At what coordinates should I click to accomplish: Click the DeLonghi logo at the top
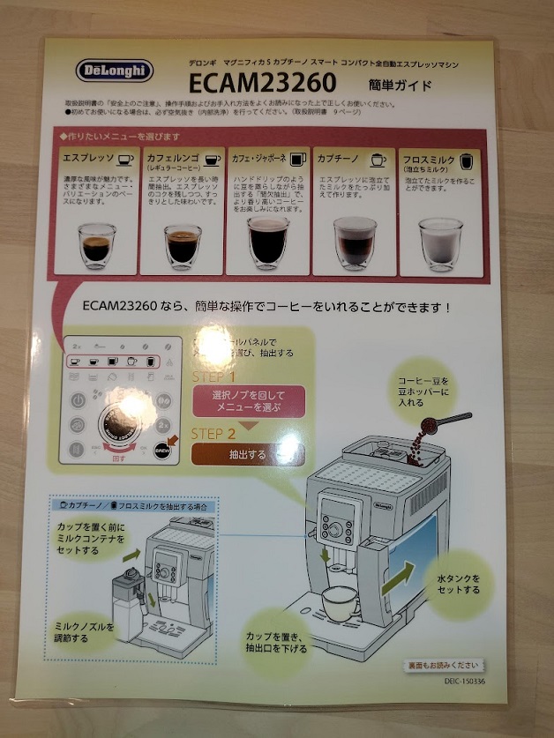(114, 71)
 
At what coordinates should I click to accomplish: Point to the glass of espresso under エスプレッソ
(94, 242)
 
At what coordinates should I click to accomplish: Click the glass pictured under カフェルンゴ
(182, 244)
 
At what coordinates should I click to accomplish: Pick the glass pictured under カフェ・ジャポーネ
(267, 244)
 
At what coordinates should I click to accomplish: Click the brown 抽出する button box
(248, 455)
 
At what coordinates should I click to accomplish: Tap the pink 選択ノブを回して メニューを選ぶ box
(248, 401)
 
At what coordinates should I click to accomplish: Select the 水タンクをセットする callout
(459, 584)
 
